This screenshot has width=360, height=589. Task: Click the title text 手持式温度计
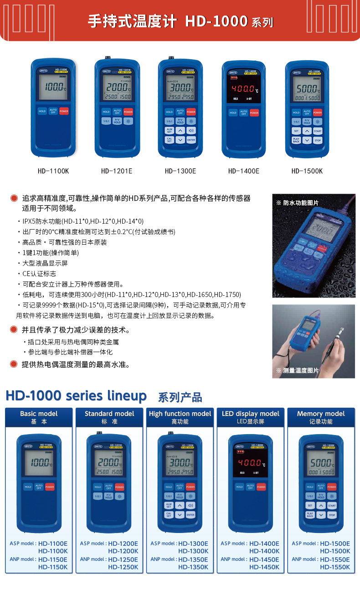click(132, 22)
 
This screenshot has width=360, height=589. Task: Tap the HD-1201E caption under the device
click(117, 171)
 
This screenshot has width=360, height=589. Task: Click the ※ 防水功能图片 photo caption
click(298, 203)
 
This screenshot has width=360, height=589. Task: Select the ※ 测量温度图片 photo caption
click(298, 370)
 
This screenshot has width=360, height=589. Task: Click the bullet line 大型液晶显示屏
click(45, 263)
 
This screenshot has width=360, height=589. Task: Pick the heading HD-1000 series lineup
click(76, 395)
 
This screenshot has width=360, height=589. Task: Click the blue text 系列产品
click(180, 397)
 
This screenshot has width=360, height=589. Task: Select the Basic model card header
click(39, 417)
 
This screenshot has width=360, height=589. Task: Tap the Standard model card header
click(109, 417)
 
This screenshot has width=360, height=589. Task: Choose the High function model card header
click(180, 417)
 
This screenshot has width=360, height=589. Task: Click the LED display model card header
click(251, 417)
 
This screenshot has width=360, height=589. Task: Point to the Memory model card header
click(321, 417)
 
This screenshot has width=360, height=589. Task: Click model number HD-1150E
click(53, 559)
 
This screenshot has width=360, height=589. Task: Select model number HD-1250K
click(123, 567)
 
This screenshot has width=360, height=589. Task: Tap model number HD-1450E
click(264, 559)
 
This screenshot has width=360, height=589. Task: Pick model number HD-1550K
click(335, 567)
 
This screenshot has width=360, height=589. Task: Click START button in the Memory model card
click(332, 506)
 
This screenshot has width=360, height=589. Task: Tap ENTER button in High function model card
click(190, 515)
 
